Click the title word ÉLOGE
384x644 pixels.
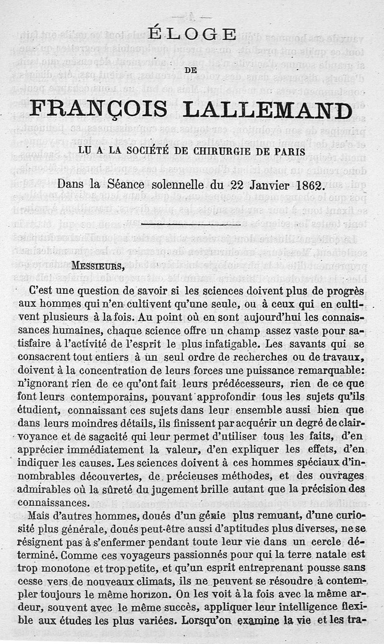pyautogui.click(x=192, y=35)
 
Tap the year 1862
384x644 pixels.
pyautogui.click(x=303, y=185)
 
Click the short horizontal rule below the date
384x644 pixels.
pyautogui.click(x=192, y=224)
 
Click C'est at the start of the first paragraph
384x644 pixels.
pyautogui.click(x=41, y=292)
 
